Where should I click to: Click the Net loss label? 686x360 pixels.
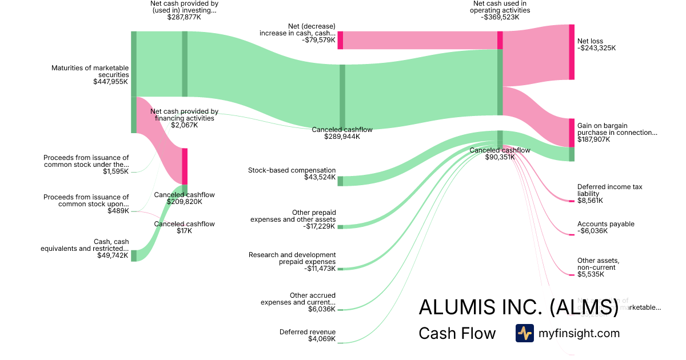click(590, 41)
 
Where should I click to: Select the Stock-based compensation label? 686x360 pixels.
click(292, 170)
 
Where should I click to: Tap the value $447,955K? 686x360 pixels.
click(111, 82)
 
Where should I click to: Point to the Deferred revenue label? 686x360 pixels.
click(308, 332)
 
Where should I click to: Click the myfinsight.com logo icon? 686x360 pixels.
click(524, 333)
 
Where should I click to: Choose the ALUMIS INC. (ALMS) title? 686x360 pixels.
click(519, 307)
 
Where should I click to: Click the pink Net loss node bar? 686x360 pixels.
click(572, 52)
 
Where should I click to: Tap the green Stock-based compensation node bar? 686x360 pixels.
click(340, 181)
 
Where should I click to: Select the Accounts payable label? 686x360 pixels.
click(605, 224)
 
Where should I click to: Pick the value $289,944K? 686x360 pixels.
click(342, 137)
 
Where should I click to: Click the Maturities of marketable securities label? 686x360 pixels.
click(90, 71)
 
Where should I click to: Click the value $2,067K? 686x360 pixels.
click(184, 125)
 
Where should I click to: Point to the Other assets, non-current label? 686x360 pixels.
click(598, 264)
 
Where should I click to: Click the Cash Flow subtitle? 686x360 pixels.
click(457, 334)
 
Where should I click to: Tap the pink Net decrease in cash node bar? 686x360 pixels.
click(340, 40)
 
